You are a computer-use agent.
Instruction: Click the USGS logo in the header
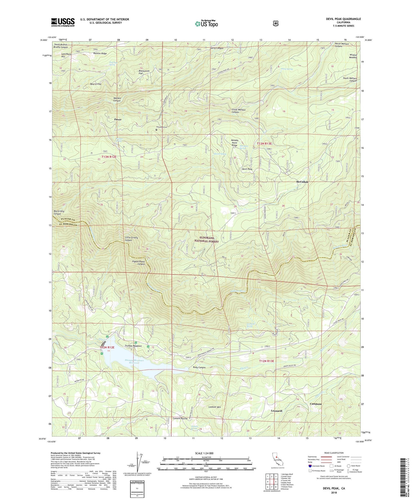tap(63, 22)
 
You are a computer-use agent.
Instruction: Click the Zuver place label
tap(118, 119)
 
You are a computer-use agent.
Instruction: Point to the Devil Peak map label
tap(247, 169)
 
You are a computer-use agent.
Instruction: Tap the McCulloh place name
tap(302, 182)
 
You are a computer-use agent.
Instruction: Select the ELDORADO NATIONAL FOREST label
tap(207, 240)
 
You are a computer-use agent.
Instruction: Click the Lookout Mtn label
tap(214, 407)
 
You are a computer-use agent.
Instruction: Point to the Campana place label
tap(316, 404)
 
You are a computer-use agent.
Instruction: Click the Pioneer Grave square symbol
tap(156, 130)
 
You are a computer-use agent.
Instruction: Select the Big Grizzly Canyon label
tap(59, 213)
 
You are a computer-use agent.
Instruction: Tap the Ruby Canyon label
tap(199, 367)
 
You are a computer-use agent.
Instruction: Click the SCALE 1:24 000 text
tap(206, 453)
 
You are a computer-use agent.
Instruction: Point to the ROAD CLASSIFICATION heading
tap(333, 453)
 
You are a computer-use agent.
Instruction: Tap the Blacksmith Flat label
tap(144, 72)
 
